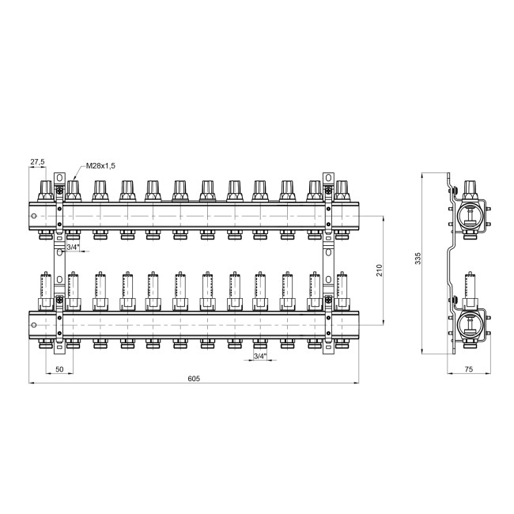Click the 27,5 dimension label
(37, 161)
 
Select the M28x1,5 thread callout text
(100, 166)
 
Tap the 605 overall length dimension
(194, 378)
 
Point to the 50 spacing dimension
(59, 369)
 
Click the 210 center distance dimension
(380, 270)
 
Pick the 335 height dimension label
(418, 259)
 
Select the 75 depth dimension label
(469, 369)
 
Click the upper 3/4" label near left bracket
(73, 248)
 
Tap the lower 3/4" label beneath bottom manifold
(260, 356)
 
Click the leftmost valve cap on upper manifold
(46, 191)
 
